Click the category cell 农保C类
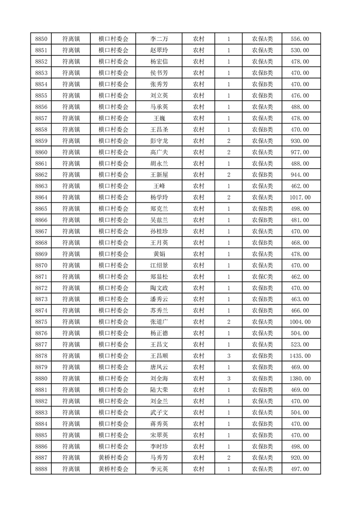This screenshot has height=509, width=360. click(x=262, y=276)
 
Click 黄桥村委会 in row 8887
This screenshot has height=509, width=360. click(x=113, y=458)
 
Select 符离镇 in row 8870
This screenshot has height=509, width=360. click(x=71, y=265)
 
